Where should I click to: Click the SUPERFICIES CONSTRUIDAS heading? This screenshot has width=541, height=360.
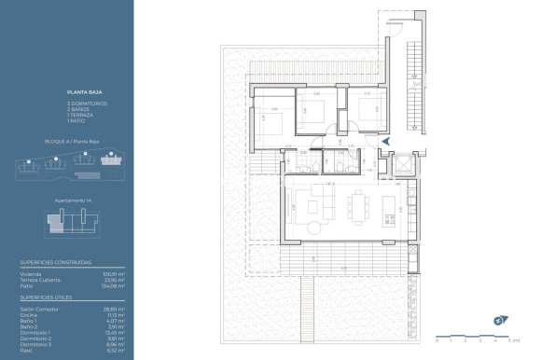point(56,263)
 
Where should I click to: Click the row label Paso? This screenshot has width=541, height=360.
point(26,351)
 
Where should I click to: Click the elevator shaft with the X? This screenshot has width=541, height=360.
point(404,165)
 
